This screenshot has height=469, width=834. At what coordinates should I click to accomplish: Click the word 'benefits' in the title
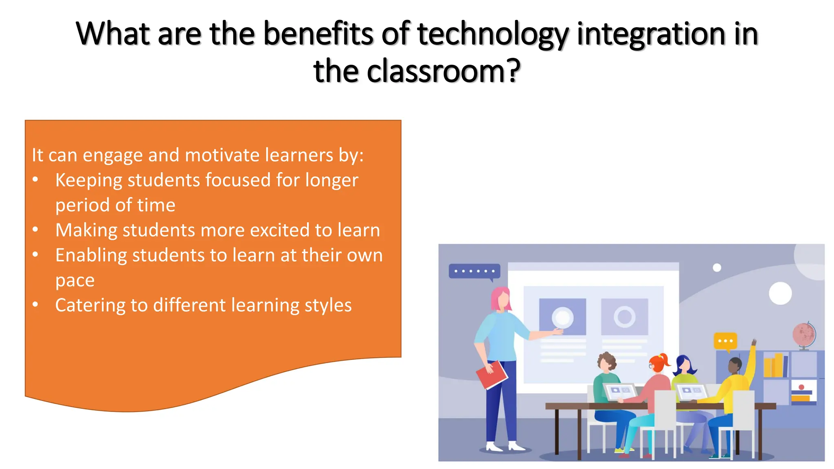[x=318, y=33]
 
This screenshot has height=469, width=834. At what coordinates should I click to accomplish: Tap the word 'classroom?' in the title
[x=443, y=71]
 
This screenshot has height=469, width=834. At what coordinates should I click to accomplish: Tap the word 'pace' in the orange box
[x=75, y=281]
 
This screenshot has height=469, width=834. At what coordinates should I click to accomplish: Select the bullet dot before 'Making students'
[x=35, y=230]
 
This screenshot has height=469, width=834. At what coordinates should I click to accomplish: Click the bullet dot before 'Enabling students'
[x=35, y=255]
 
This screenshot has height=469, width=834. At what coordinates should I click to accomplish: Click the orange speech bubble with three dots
[x=725, y=341]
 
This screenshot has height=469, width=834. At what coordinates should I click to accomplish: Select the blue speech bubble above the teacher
[x=474, y=271]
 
